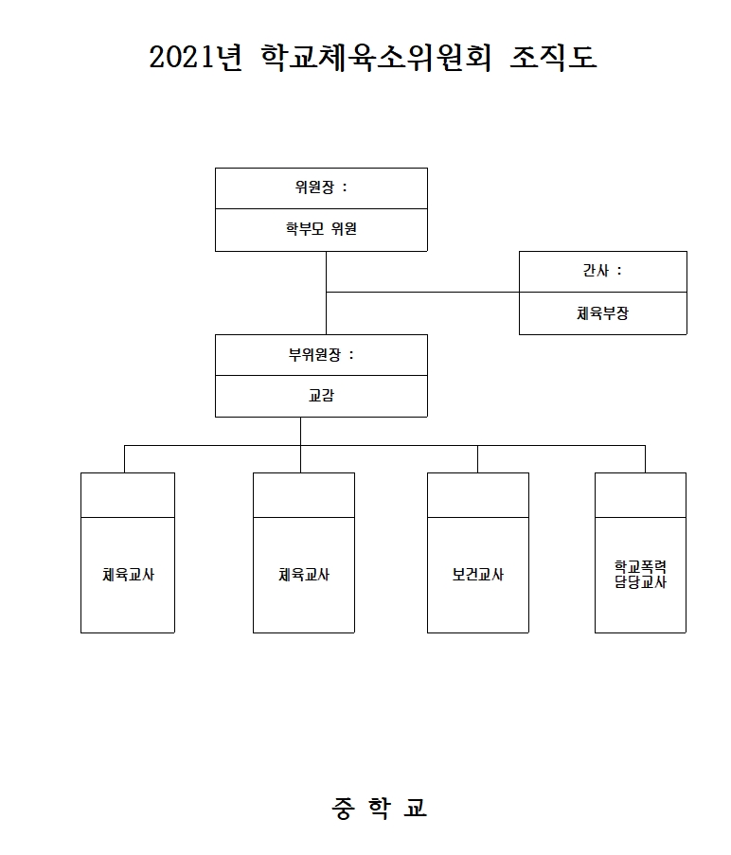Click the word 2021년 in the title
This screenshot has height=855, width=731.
tap(197, 59)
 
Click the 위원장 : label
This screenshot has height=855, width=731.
tap(321, 187)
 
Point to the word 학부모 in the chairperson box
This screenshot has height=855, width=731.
tap(304, 229)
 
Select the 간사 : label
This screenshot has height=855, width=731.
tap(602, 271)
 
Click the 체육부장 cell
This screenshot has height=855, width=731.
tap(602, 313)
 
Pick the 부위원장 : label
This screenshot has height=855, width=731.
tap(321, 355)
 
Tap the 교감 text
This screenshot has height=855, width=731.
tap(321, 396)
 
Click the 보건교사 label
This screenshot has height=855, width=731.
tap(477, 575)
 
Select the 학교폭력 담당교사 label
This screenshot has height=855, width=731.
tap(640, 575)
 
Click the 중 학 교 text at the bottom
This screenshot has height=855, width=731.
tap(379, 808)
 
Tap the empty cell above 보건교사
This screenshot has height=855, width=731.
tap(477, 495)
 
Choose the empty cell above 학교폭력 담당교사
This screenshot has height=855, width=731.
tap(640, 495)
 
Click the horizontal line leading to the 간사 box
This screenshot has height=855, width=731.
tap(422, 293)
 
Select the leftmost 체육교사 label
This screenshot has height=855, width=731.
tap(128, 575)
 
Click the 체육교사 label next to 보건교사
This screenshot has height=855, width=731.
tap(304, 575)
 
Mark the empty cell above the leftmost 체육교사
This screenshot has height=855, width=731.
tap(128, 495)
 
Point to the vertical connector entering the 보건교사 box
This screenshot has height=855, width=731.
tap(477, 459)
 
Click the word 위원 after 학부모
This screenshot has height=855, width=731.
tap(344, 229)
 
